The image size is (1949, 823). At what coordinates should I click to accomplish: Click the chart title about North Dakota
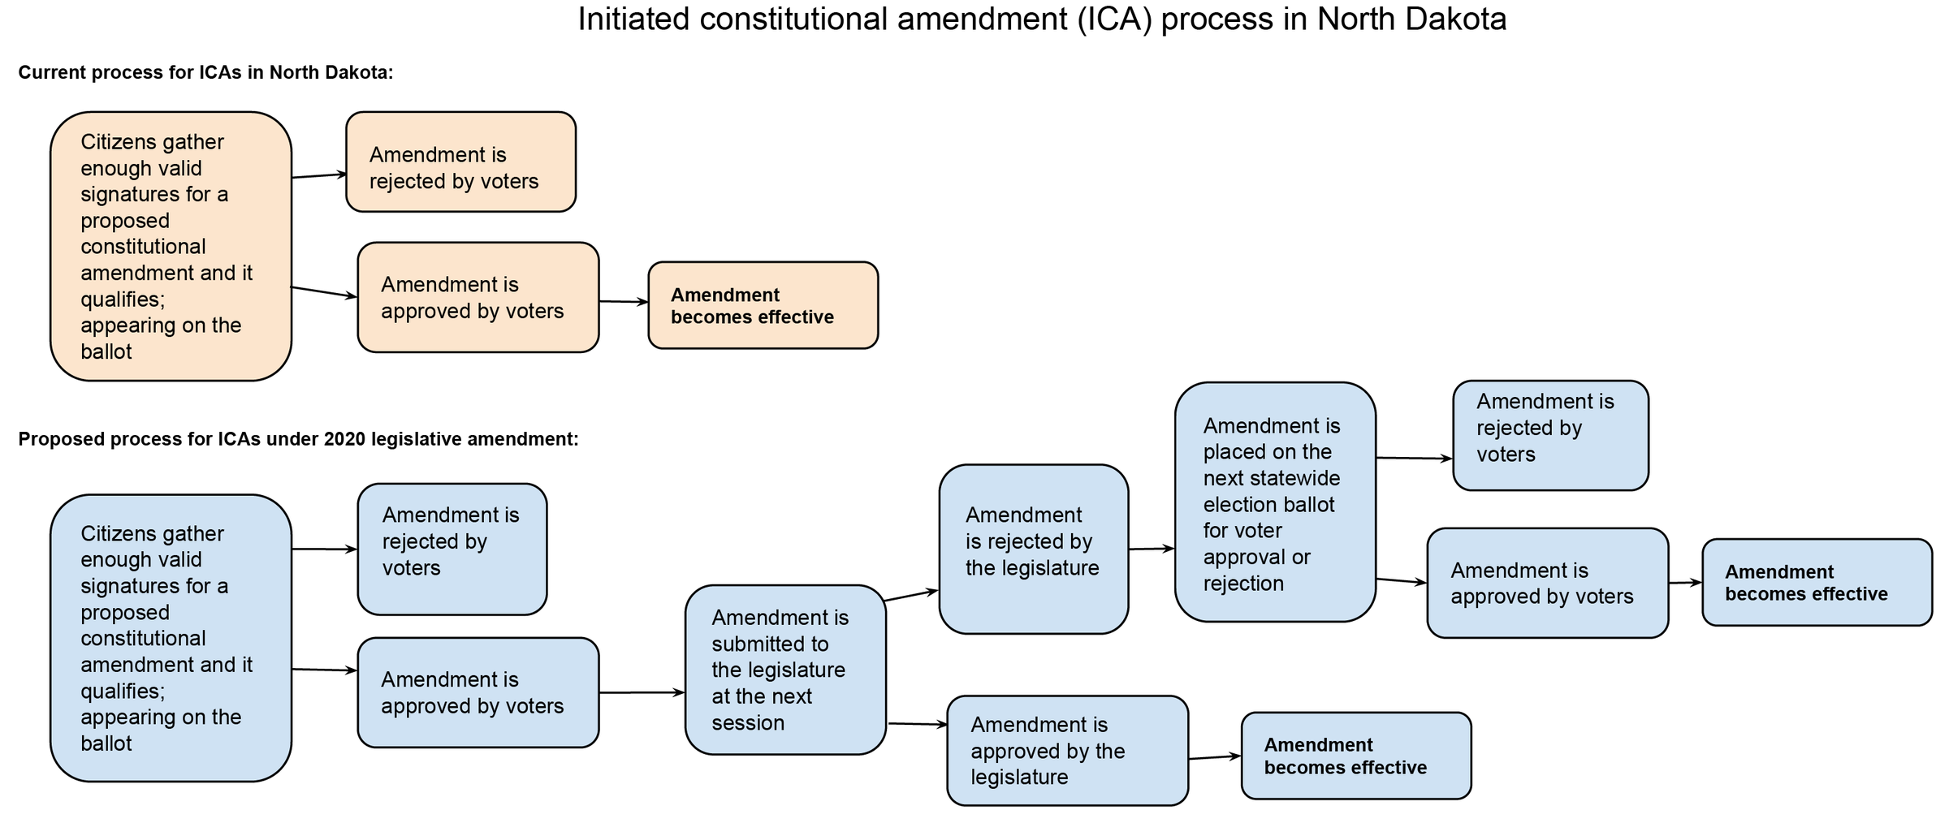(x=1042, y=19)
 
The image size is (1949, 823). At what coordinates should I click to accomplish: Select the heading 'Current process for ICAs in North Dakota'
(x=205, y=73)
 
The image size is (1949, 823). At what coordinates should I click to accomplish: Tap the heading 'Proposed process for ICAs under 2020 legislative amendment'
(x=298, y=440)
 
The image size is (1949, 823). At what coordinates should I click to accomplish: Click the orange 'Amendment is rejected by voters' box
(x=460, y=162)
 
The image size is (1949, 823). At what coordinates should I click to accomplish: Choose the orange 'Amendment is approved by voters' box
(x=478, y=298)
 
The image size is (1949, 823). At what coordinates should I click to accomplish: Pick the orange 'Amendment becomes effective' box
(x=763, y=306)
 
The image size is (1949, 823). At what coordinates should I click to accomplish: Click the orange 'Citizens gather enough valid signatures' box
(x=171, y=247)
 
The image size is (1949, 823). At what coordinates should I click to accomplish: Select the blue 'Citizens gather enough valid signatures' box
(x=171, y=639)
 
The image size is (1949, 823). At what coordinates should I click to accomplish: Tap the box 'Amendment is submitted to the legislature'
(x=784, y=670)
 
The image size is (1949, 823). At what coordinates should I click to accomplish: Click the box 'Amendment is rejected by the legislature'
(x=1033, y=549)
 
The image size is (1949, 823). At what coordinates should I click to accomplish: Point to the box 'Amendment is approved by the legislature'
(x=1067, y=751)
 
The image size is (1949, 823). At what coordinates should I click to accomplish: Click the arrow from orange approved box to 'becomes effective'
(x=623, y=302)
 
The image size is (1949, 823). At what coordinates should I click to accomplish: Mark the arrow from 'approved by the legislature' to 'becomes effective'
(x=1214, y=757)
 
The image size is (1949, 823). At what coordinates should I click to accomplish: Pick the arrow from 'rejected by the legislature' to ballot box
(x=1151, y=549)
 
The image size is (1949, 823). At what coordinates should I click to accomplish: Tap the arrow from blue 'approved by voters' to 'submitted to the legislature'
(x=642, y=693)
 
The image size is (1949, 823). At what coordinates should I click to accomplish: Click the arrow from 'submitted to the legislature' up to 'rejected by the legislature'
(x=911, y=596)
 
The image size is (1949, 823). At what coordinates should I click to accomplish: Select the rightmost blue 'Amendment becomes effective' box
(x=1817, y=583)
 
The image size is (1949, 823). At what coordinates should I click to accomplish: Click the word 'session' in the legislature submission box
(x=748, y=723)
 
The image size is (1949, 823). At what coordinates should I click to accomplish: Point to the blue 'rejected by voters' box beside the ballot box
(x=1550, y=436)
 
